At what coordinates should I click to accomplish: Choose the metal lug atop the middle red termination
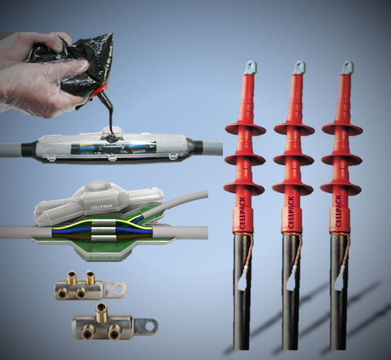[x=298, y=67]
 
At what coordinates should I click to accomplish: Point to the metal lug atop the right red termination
[x=347, y=67]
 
